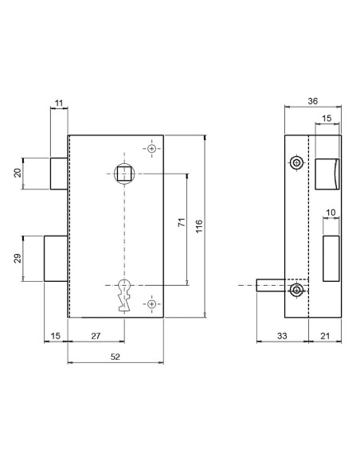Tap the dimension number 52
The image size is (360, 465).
(115, 357)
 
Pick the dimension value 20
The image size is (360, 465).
(16, 174)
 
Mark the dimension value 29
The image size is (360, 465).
(16, 258)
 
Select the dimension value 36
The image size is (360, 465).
(313, 100)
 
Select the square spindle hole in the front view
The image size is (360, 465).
(124, 172)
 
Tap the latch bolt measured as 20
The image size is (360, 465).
(59, 174)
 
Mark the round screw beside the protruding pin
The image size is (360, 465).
(297, 291)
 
